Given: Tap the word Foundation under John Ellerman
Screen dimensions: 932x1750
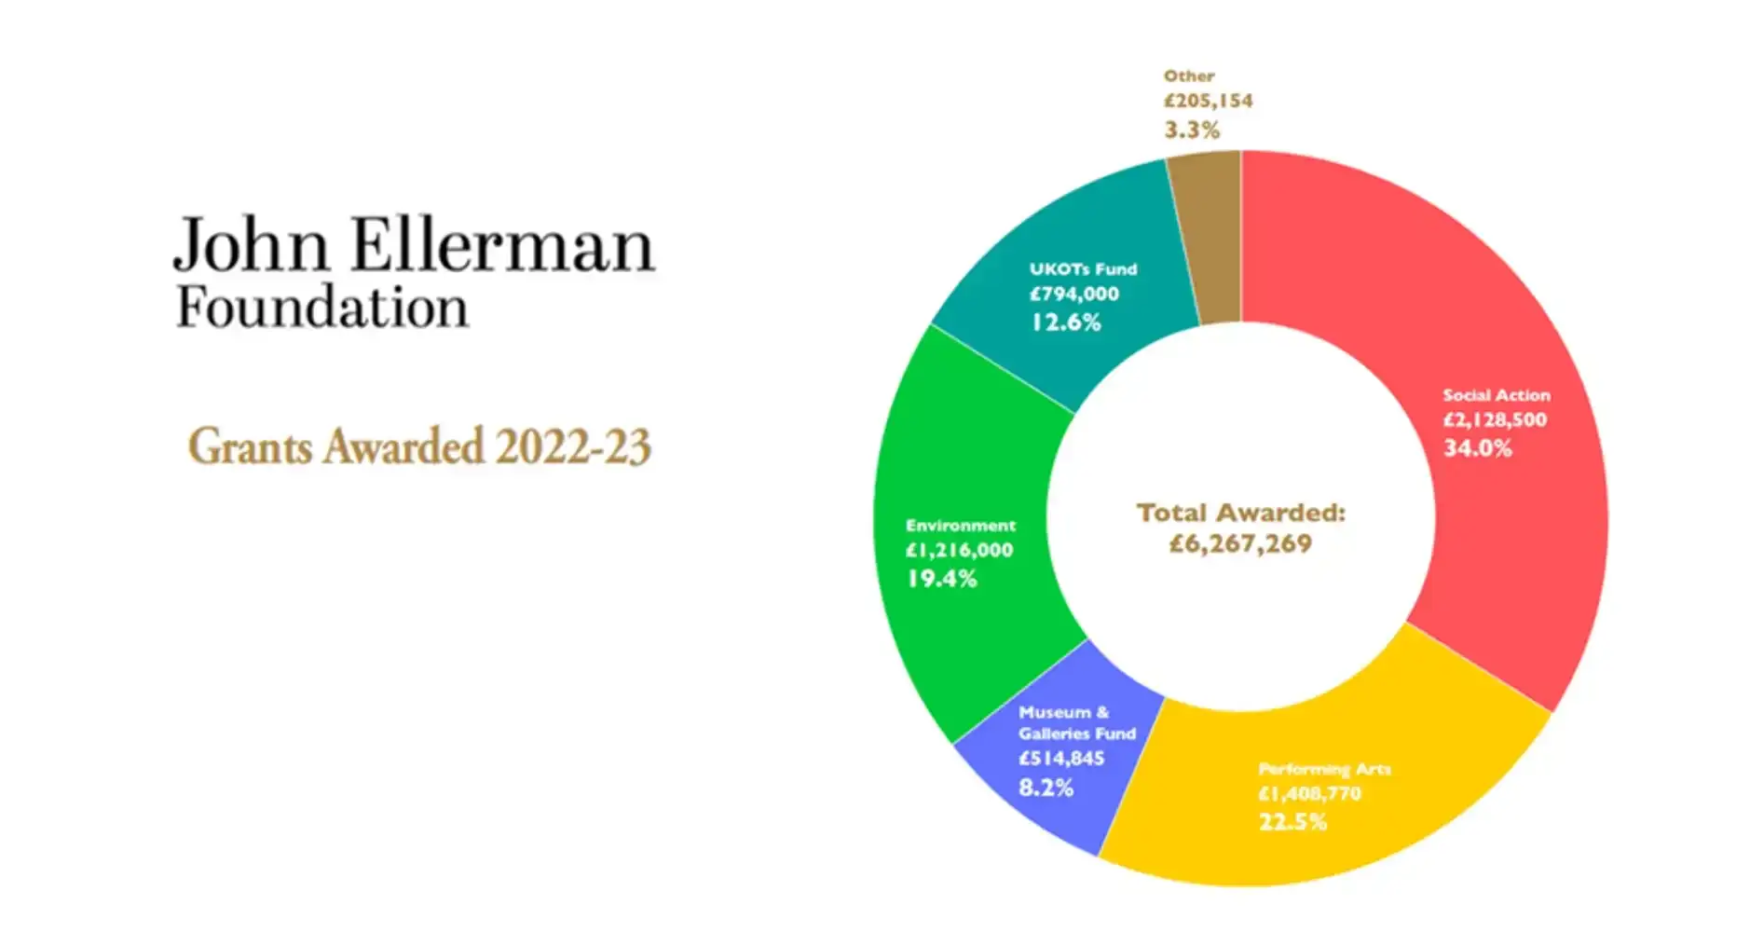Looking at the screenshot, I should [322, 308].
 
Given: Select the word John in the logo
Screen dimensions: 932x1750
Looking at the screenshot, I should [252, 245].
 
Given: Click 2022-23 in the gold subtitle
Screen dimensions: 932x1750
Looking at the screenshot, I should [572, 446].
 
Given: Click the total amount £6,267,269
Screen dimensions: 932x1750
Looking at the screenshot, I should [1240, 543].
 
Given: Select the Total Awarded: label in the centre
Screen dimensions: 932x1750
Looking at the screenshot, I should [1240, 513].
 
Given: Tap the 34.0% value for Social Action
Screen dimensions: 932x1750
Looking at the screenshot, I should [1478, 448].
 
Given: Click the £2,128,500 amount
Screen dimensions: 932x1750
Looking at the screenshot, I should [1495, 420].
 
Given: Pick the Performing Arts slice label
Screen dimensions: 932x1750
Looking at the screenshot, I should [1324, 769].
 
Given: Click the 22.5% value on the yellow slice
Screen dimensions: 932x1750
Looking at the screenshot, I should [1292, 822].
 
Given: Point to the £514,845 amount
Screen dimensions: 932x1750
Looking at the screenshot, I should [1061, 759].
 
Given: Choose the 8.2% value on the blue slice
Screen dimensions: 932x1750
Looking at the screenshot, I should [1046, 788].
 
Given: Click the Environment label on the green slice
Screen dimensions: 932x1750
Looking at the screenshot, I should [960, 526].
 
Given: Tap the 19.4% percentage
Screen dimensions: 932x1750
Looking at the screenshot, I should [941, 579].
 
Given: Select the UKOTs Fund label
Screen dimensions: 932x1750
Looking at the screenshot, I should [1083, 269].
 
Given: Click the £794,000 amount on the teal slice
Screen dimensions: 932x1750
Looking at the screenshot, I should [1073, 295].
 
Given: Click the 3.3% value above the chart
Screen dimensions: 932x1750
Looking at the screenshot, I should [1192, 130].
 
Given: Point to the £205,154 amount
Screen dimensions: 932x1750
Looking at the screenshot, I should [1208, 101].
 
